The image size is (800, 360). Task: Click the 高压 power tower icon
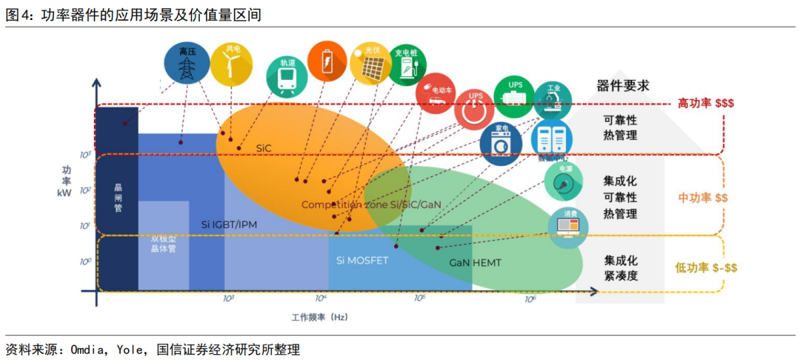pos(186,63)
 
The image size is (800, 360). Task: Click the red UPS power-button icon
pos(475,109)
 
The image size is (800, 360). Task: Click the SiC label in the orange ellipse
pos(264,147)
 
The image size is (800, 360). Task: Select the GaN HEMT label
pos(473,262)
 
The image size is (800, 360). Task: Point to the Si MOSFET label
pos(362,260)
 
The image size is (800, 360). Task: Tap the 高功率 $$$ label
pos(705,104)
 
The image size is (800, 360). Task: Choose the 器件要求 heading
pos(623,85)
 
